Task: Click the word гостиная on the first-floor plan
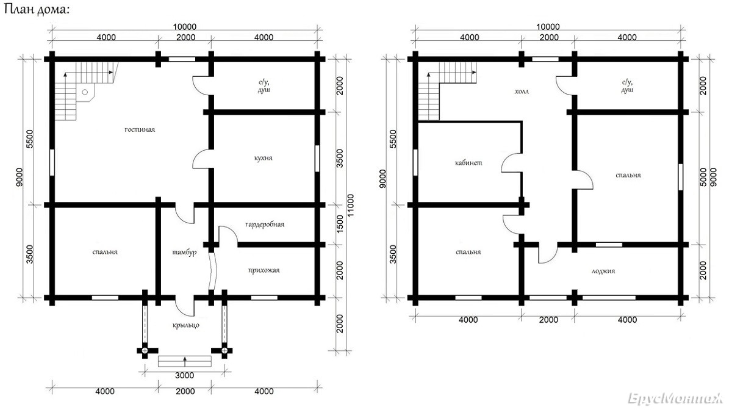point(140,129)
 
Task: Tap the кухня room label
point(263,158)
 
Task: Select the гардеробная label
point(264,225)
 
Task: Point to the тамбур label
point(184,252)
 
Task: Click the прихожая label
point(264,270)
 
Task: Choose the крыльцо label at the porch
point(185,325)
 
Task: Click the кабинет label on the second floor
point(468,162)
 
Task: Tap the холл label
point(522,92)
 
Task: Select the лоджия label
point(603,271)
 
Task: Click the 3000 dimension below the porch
point(185,375)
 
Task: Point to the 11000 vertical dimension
point(351,206)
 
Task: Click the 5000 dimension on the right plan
point(703,177)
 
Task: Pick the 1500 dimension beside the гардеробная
point(340,225)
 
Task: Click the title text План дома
point(36,10)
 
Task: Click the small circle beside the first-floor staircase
point(85,92)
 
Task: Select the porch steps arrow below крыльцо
point(185,361)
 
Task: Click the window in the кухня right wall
point(317,158)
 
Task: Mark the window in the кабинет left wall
point(415,162)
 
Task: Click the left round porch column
point(145,351)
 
